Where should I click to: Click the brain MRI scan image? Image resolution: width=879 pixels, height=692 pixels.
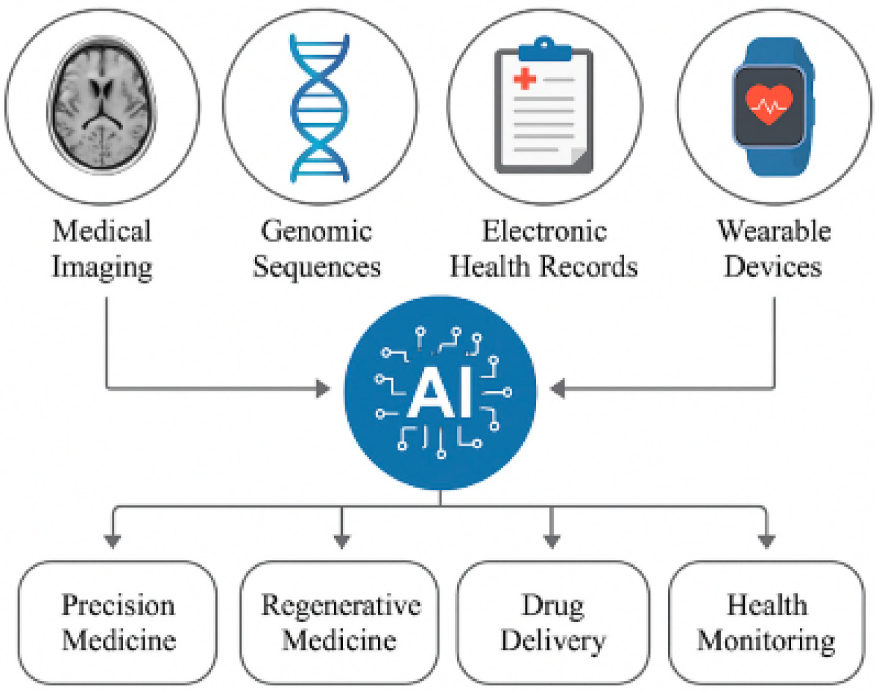pyautogui.click(x=103, y=105)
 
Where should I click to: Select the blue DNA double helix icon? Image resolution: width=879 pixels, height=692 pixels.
pyautogui.click(x=319, y=108)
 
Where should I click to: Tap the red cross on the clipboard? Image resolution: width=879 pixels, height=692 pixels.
pyautogui.click(x=524, y=79)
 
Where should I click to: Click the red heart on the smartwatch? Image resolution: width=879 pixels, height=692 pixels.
pyautogui.click(x=769, y=104)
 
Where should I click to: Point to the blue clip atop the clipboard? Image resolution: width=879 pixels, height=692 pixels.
pyautogui.click(x=544, y=50)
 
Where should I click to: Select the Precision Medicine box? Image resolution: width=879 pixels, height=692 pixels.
pyautogui.click(x=118, y=622)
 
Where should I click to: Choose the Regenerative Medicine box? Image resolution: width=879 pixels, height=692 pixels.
pyautogui.click(x=339, y=622)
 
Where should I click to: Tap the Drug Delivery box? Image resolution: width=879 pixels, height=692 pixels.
pyautogui.click(x=553, y=622)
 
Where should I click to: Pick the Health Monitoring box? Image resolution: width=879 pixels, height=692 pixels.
pyautogui.click(x=766, y=622)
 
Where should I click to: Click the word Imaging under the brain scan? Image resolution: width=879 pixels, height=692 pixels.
pyautogui.click(x=102, y=267)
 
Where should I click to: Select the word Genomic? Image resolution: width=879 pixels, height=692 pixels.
pyautogui.click(x=316, y=231)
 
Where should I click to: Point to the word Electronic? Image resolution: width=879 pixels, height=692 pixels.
pyautogui.click(x=544, y=231)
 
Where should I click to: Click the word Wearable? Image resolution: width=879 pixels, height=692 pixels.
pyautogui.click(x=774, y=231)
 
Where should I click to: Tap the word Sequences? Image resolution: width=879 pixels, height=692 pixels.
pyautogui.click(x=316, y=267)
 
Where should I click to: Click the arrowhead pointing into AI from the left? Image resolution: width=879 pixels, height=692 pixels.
pyautogui.click(x=323, y=388)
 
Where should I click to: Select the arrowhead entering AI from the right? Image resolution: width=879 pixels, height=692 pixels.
pyautogui.click(x=558, y=388)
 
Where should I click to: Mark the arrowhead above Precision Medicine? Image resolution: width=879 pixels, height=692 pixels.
pyautogui.click(x=113, y=540)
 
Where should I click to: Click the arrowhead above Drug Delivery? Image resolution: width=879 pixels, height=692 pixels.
pyautogui.click(x=551, y=540)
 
